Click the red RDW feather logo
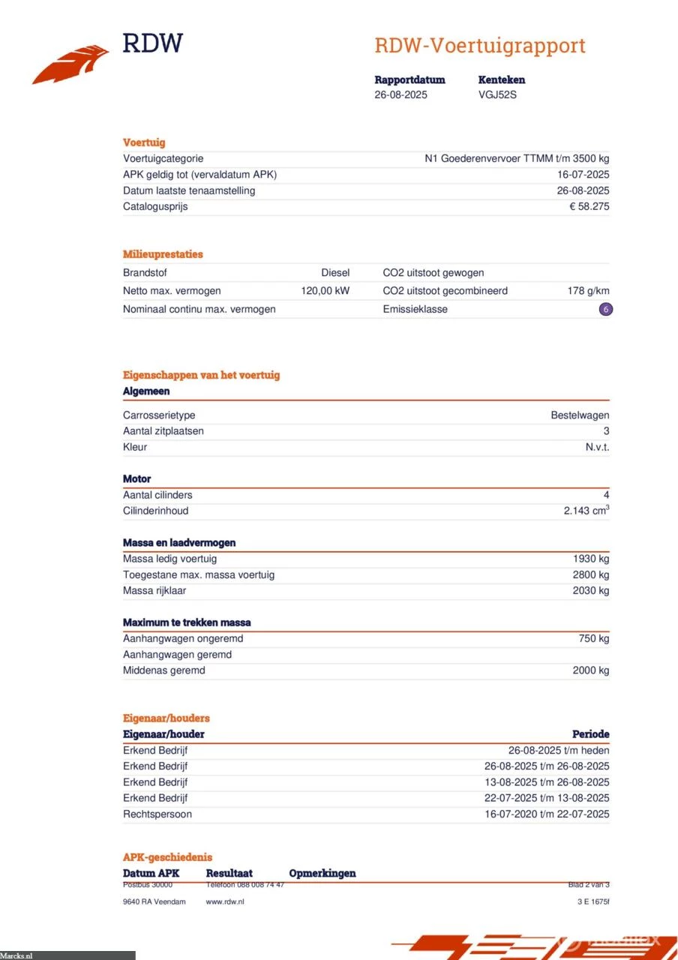70,64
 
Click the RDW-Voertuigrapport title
479,46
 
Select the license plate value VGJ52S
497,95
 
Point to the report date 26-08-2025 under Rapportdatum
400,95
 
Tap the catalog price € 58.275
589,206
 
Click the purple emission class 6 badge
605,309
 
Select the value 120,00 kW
325,291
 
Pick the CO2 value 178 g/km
588,291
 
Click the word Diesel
335,273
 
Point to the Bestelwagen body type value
580,415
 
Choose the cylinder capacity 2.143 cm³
586,511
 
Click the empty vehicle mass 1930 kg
591,559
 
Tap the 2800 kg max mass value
591,574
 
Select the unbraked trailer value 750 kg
593,638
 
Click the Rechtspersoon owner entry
157,814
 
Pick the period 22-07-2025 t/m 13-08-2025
546,798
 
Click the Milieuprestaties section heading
163,254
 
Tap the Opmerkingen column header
322,873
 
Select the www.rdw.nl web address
225,901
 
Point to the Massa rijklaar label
154,590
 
